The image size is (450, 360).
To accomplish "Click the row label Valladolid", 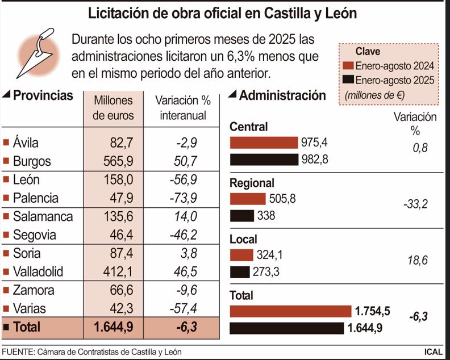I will point(38,271).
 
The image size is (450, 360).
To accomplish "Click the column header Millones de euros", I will point(113,108).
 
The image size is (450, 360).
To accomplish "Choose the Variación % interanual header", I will point(182,108).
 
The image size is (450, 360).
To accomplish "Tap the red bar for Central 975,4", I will point(264,142).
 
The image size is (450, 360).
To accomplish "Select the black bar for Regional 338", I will point(241,216).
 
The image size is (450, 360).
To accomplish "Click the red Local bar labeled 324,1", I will point(241,255).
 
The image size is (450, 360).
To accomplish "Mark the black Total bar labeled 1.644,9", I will point(286,328).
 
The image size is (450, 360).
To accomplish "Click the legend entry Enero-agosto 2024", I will point(392,65).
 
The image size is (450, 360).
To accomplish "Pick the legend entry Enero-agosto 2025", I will point(392,80).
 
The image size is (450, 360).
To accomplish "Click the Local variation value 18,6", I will point(418,261).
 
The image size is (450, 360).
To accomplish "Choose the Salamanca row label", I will point(43,216).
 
